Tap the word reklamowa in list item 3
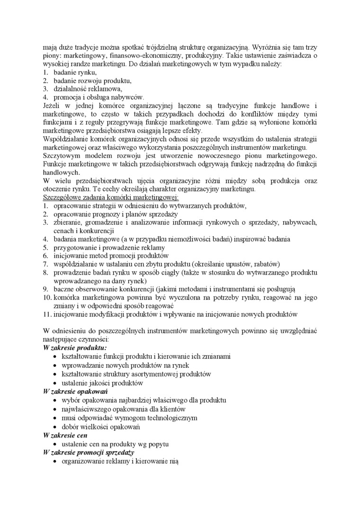point(104,88)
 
